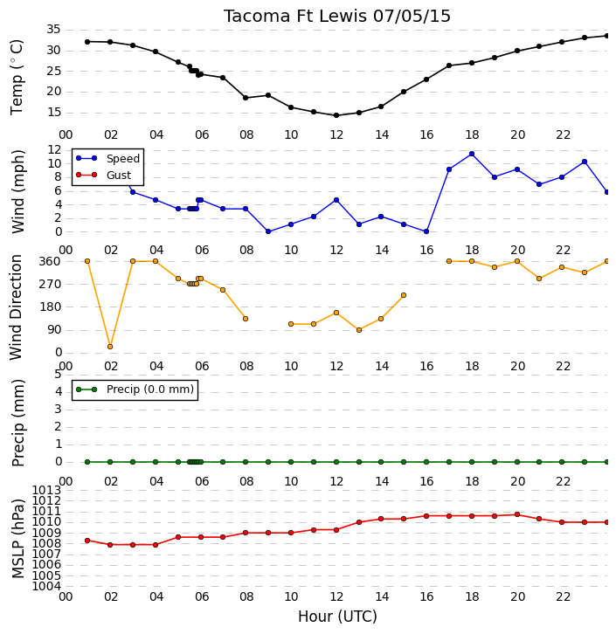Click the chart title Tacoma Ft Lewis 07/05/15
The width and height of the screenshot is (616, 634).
337,17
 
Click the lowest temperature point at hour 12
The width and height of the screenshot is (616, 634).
336,115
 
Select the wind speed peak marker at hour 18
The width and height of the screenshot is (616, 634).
472,154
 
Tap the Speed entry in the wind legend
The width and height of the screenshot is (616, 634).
107,159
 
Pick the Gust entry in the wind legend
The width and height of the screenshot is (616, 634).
104,175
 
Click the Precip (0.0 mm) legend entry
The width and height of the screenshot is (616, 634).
135,389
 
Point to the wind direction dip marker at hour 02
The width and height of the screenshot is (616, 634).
110,347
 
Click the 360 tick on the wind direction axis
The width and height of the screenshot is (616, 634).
50,261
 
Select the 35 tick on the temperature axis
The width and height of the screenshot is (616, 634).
53,30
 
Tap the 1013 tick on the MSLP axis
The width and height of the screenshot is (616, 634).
46,491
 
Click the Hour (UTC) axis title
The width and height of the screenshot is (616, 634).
337,617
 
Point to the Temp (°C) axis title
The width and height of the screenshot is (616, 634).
17,77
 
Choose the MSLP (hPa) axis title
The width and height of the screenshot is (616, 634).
17,538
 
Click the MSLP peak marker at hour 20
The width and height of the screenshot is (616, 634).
517,514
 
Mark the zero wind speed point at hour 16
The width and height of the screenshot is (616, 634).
426,231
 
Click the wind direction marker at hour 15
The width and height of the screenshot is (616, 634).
404,295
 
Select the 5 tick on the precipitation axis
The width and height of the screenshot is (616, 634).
58,374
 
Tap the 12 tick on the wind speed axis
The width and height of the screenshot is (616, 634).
54,150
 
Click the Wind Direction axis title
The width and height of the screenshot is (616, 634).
16,307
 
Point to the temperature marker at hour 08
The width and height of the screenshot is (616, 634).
246,98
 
